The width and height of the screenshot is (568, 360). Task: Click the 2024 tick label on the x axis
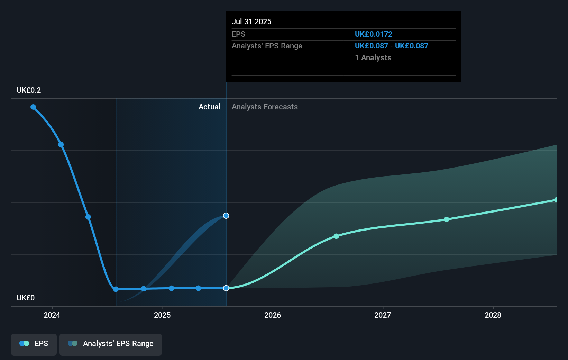52,315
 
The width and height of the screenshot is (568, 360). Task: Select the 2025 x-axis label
162,315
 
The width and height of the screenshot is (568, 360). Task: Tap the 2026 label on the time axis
273,315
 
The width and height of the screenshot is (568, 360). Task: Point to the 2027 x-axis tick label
383,315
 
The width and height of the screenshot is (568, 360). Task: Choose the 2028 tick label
493,315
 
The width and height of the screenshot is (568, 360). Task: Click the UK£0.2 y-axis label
29,90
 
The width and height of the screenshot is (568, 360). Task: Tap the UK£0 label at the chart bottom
26,298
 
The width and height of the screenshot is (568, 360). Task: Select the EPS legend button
34,344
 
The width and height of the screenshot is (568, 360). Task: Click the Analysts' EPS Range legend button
111,344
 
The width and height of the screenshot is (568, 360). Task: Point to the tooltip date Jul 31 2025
251,21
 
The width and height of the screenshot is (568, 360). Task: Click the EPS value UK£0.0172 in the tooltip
374,34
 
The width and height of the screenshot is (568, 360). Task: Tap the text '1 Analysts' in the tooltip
373,57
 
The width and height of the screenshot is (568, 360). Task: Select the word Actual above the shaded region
209,107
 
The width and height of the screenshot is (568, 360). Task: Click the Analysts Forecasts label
265,107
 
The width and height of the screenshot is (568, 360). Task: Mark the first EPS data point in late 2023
33,107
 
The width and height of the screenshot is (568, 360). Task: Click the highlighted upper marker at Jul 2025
226,216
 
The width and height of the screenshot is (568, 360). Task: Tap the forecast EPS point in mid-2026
336,236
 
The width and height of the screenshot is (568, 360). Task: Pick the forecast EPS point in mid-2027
447,219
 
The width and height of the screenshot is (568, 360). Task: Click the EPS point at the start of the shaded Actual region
116,289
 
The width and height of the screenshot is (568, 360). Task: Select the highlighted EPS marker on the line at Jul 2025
226,288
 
